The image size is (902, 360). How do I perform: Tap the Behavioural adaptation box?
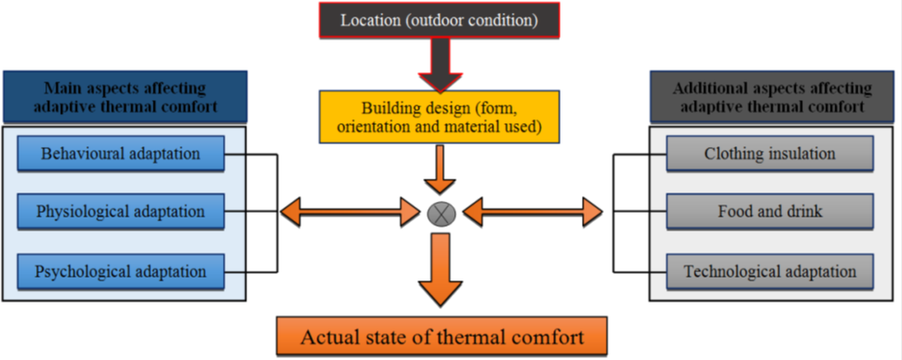(x=120, y=152)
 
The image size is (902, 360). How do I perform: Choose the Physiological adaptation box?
(x=120, y=212)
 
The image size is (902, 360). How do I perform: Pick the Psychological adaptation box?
(x=120, y=272)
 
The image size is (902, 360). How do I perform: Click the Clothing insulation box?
(x=769, y=153)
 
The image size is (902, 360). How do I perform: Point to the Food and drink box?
(x=769, y=212)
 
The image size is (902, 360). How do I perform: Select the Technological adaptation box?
(x=769, y=272)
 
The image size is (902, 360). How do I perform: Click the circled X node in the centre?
(x=439, y=214)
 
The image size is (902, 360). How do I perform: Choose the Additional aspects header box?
(x=772, y=96)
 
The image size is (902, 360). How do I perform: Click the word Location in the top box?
(x=368, y=19)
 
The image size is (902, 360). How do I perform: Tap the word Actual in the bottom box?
(x=324, y=338)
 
